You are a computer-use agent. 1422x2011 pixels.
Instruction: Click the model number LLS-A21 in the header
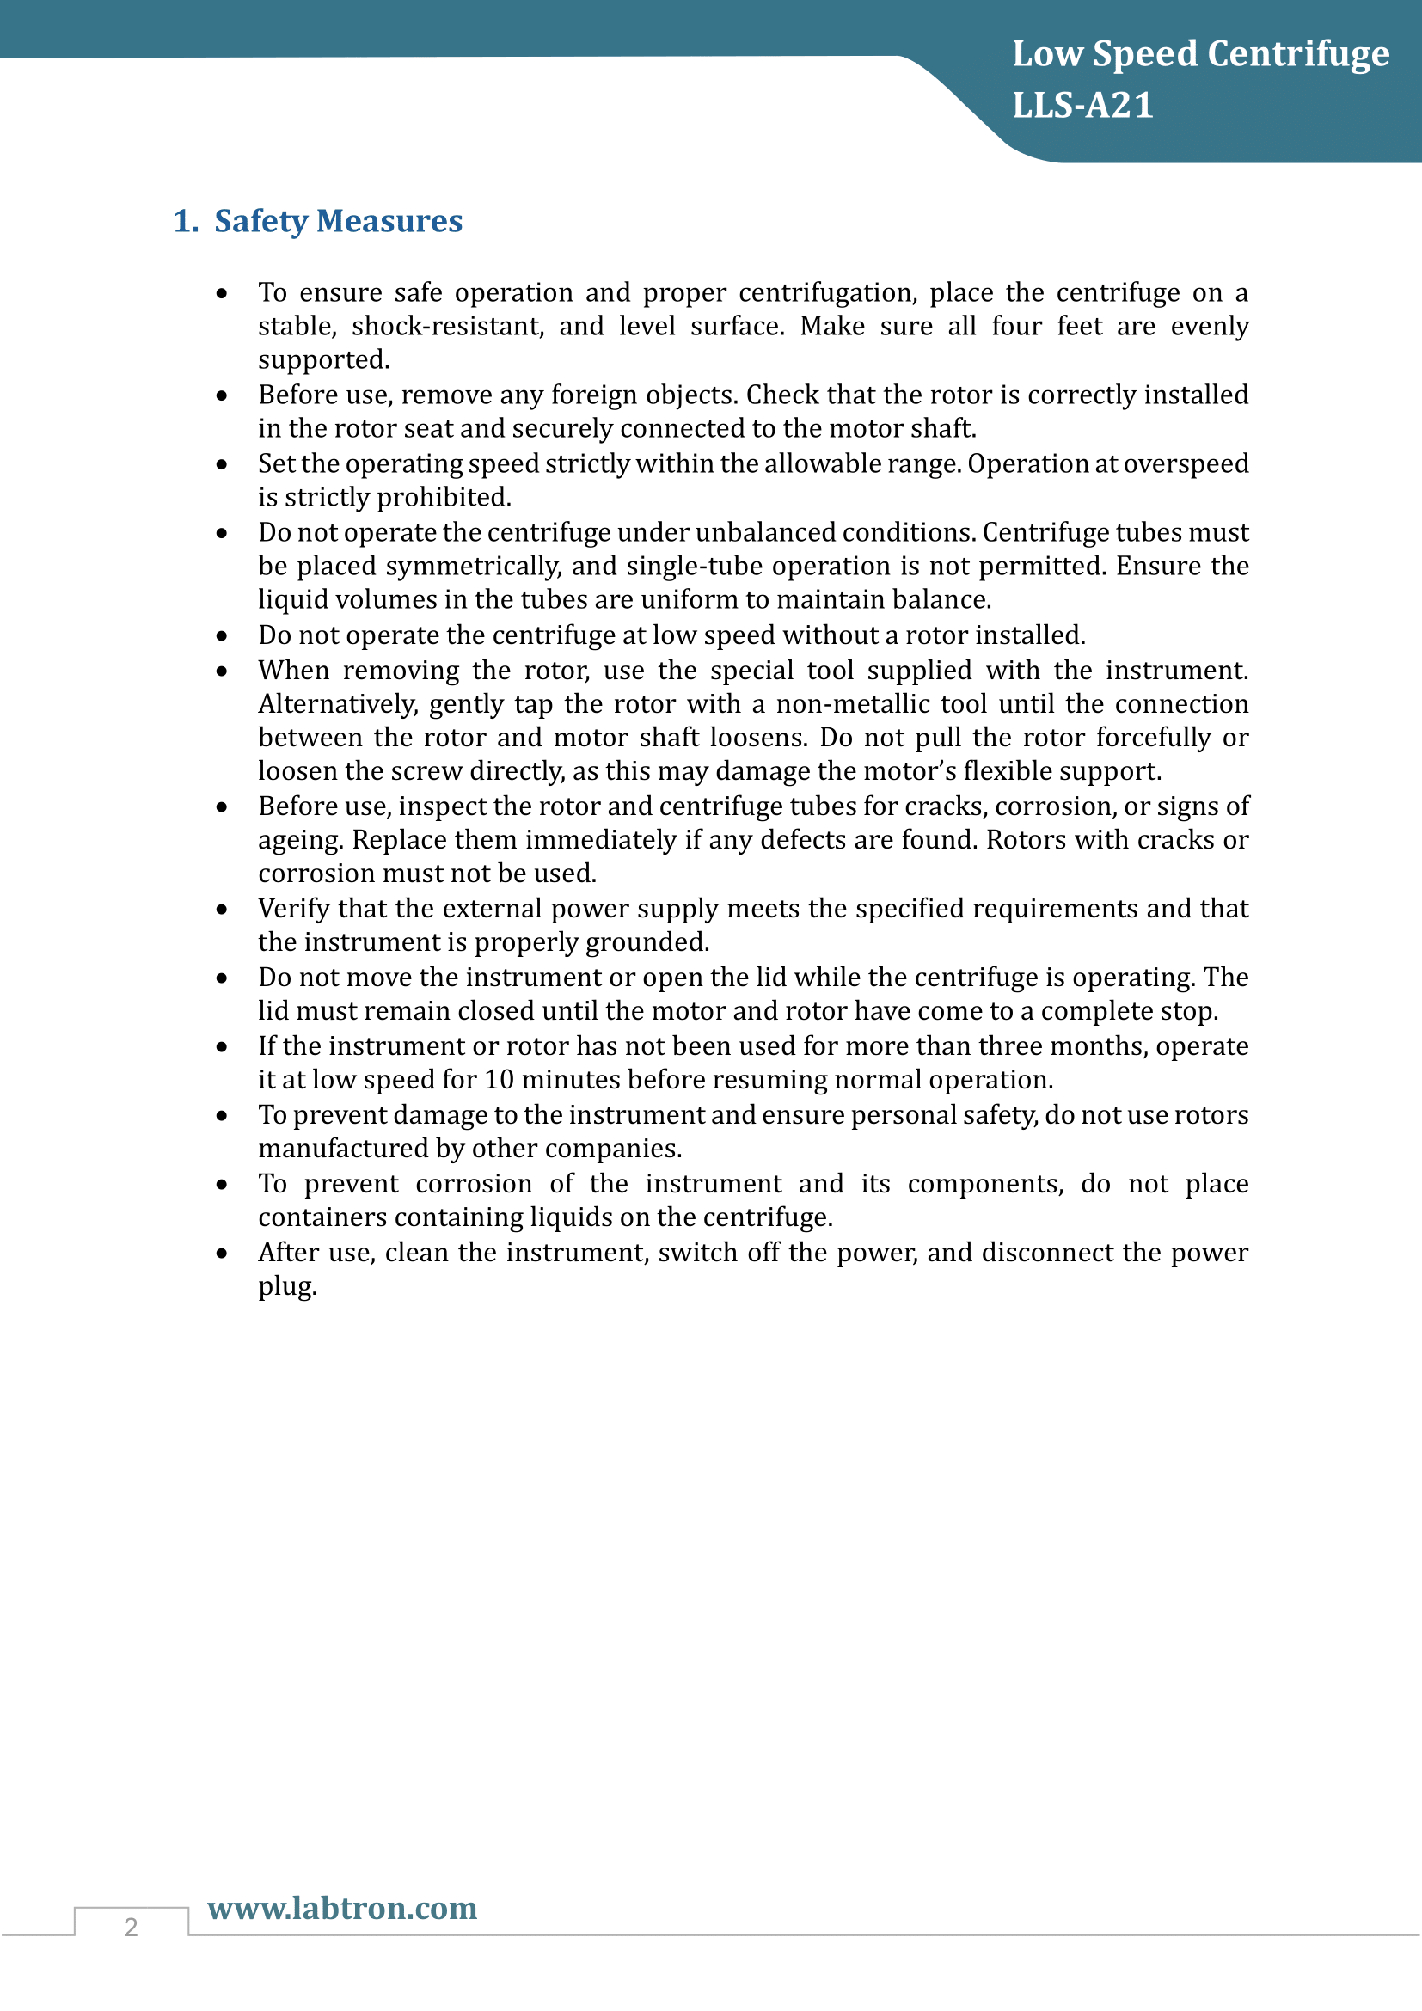coord(1082,105)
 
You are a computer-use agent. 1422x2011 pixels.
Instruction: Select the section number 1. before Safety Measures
coord(186,221)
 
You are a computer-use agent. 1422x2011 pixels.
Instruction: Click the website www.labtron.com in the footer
coord(342,1908)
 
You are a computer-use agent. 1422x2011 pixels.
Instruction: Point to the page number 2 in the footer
coord(131,1927)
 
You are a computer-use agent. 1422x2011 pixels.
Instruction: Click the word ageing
coord(299,840)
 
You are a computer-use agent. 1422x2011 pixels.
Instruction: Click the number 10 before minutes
coord(499,1079)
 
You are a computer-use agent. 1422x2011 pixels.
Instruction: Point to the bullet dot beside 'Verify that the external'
coord(223,909)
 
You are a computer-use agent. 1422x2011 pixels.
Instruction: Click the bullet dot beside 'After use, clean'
coord(223,1254)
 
